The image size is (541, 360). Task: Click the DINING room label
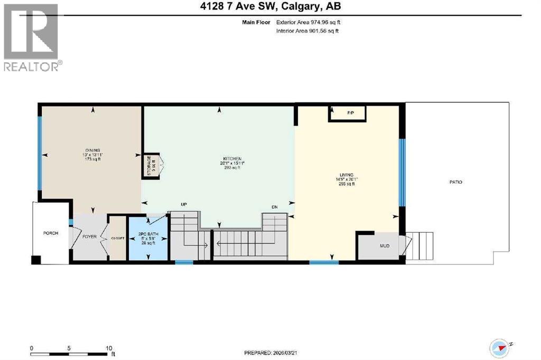point(92,150)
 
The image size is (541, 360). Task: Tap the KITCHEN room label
point(232,159)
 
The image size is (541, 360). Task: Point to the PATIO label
point(456,182)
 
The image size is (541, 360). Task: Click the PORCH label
point(51,233)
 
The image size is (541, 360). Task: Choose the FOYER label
point(89,236)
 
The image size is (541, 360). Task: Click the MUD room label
point(385,245)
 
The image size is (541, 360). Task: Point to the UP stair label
point(184,204)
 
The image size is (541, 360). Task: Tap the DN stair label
point(274,207)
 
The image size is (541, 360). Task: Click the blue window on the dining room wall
point(39,153)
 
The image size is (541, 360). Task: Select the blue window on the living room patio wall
point(401,172)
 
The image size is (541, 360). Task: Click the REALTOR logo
point(32,37)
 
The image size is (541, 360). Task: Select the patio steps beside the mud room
point(422,244)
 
